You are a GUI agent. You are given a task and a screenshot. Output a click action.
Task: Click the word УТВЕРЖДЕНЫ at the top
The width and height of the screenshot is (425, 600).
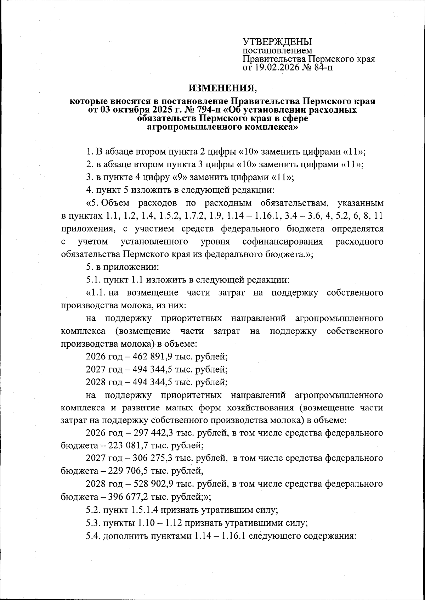(x=277, y=41)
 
